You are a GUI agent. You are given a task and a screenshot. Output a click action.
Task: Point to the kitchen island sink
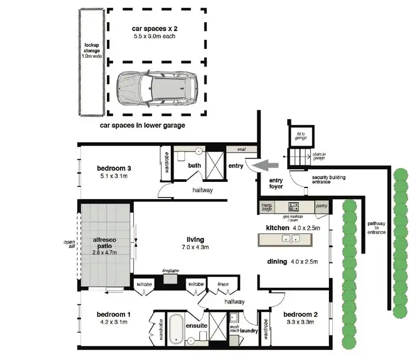[291, 239]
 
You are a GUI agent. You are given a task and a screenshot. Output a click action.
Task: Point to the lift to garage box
[300, 135]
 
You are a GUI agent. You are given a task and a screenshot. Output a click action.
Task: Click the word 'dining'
[277, 261]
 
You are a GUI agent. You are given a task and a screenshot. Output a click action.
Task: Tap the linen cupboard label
[223, 283]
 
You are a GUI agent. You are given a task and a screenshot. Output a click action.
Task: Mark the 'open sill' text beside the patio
[69, 245]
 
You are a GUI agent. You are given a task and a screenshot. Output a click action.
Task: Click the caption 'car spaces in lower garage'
[142, 126]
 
